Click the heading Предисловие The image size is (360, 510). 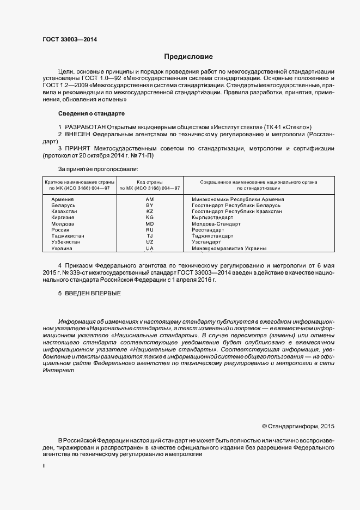(x=188, y=57)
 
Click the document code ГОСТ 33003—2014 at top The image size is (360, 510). (x=70, y=39)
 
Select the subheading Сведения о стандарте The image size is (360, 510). (x=91, y=114)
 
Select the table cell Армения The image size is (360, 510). (x=63, y=199)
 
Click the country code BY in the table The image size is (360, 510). (x=150, y=205)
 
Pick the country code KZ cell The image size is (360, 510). (x=150, y=211)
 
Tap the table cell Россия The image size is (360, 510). (x=60, y=230)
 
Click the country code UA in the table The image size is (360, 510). (x=150, y=248)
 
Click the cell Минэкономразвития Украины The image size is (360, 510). (x=229, y=248)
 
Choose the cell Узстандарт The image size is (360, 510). (x=206, y=242)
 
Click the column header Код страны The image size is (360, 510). (x=150, y=181)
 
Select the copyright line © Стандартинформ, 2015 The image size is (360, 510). (x=298, y=426)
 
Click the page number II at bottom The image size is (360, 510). (x=44, y=466)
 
